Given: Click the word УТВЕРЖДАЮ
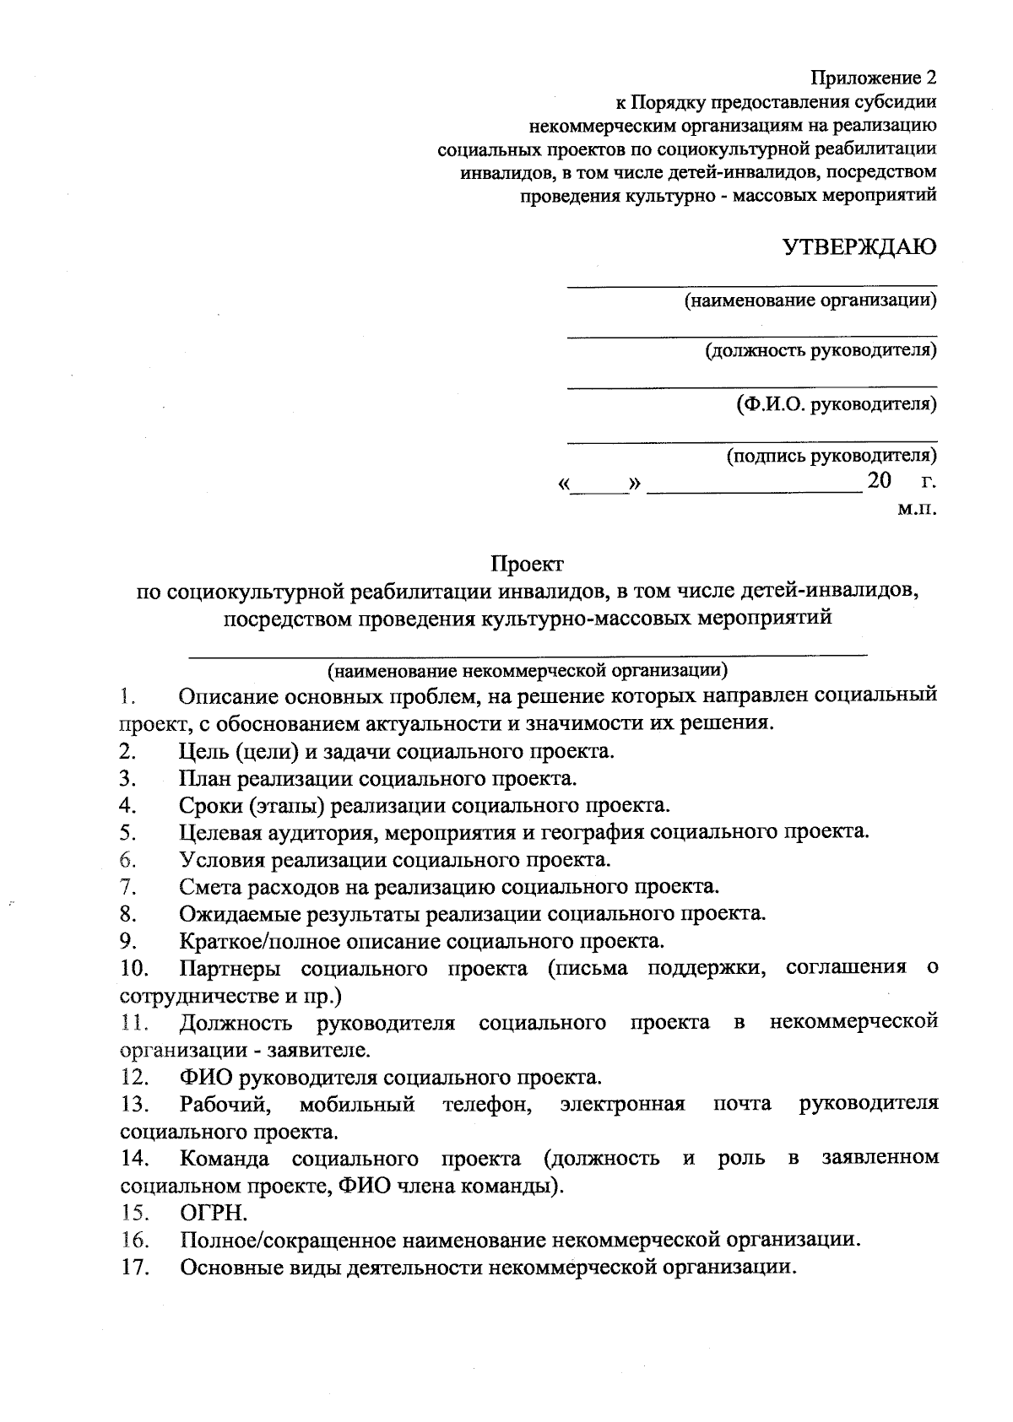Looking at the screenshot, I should pyautogui.click(x=859, y=247).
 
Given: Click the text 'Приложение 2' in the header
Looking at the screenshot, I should pyautogui.click(x=874, y=78).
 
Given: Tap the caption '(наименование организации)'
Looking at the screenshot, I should pyautogui.click(x=810, y=300).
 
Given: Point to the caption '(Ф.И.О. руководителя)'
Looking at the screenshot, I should pyautogui.click(x=836, y=403).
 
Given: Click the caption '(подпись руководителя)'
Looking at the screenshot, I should pyautogui.click(x=832, y=457).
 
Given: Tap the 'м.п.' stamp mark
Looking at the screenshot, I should pyautogui.click(x=917, y=509).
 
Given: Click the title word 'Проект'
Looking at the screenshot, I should pyautogui.click(x=528, y=562).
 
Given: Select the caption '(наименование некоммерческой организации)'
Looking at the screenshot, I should pyautogui.click(x=528, y=671).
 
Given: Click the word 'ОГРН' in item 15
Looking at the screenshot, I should pyautogui.click(x=212, y=1213).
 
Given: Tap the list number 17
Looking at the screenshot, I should pyautogui.click(x=135, y=1268).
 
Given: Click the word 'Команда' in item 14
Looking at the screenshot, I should pyautogui.click(x=225, y=1158).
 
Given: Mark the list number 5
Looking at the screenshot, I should pyautogui.click(x=128, y=833).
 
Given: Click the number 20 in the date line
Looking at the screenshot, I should pyautogui.click(x=879, y=482).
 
